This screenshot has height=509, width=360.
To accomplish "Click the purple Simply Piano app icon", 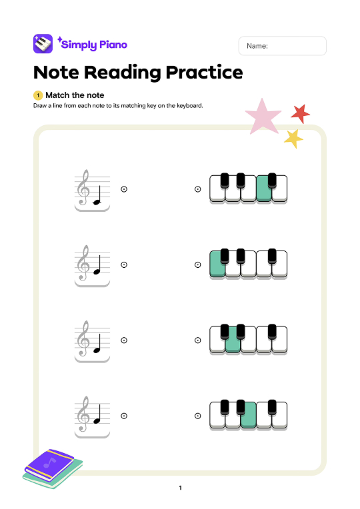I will [x=43, y=45].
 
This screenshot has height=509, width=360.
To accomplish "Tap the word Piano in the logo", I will [x=112, y=45].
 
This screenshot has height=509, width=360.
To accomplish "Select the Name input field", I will [x=282, y=46].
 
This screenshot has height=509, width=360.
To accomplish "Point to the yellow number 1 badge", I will [x=37, y=95].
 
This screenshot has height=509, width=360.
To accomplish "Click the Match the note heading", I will [x=75, y=95].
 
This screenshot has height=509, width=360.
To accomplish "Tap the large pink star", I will [x=262, y=117].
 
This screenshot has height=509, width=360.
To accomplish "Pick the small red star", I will [x=301, y=114].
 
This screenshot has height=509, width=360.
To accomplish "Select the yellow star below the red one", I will [x=293, y=139].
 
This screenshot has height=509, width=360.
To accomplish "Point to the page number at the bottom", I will [x=180, y=488].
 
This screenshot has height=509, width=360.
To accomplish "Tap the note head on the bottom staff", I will [x=97, y=420].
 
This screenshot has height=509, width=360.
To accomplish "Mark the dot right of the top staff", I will [x=124, y=189].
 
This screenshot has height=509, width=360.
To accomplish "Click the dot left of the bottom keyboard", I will [x=198, y=416].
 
